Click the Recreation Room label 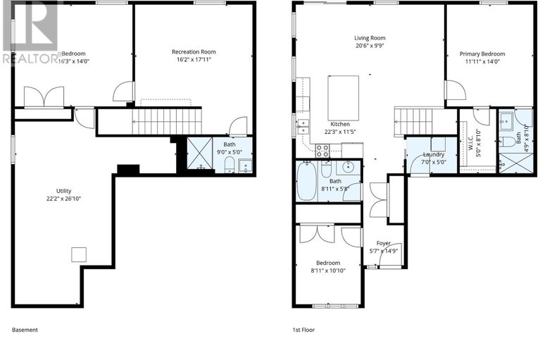[194, 52]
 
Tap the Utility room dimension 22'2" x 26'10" [63, 199]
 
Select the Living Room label [370, 38]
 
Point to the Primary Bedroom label [482, 54]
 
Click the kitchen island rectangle [344, 98]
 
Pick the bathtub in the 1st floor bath [306, 181]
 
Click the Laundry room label [434, 155]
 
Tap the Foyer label [384, 243]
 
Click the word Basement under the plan [25, 330]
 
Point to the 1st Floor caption [303, 330]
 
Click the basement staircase [167, 122]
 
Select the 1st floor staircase [413, 122]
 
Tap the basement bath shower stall [200, 154]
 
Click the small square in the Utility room [79, 255]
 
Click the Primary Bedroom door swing [456, 90]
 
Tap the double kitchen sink [303, 126]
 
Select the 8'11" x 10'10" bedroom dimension [328, 271]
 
